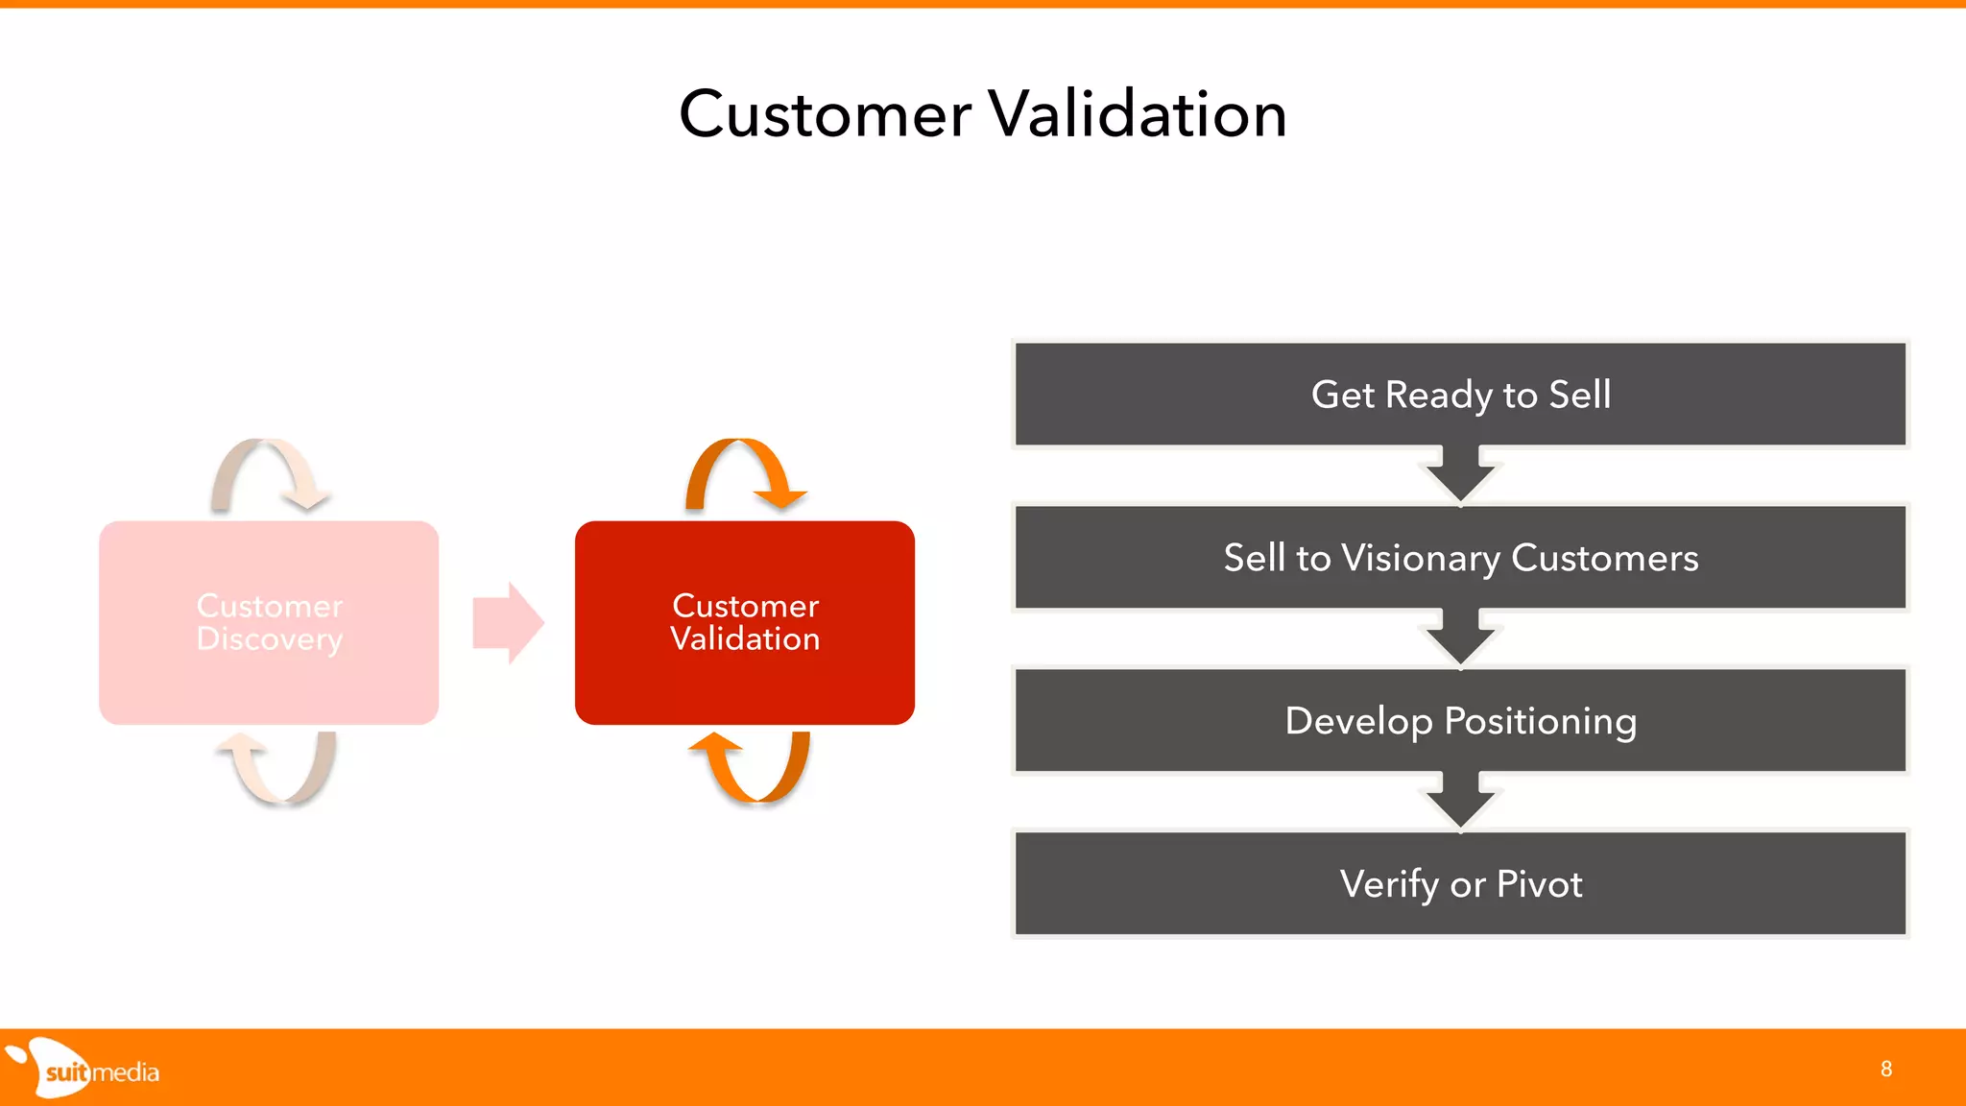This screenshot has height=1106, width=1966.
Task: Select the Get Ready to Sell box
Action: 1460,395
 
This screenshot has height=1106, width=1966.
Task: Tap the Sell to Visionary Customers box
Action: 1460,558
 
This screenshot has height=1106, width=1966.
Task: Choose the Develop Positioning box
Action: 1460,721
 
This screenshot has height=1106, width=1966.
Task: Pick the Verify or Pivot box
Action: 1460,884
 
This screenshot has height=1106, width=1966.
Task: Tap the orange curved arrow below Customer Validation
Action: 755,773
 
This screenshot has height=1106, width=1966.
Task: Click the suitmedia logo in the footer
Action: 86,1070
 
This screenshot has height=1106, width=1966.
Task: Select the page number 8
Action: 1885,1070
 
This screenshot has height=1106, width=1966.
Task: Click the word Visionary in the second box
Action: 1420,558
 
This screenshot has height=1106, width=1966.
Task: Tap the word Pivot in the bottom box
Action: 1539,884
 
